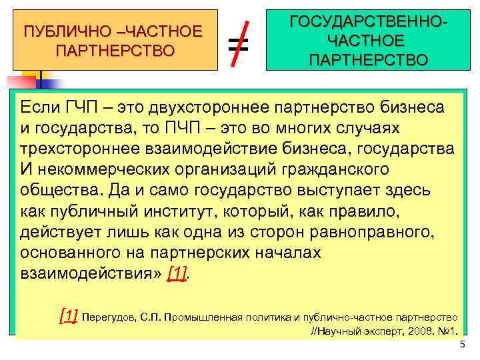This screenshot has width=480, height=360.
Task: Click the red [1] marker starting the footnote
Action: [x=69, y=315]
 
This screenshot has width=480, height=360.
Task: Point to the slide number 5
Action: [x=461, y=345]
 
